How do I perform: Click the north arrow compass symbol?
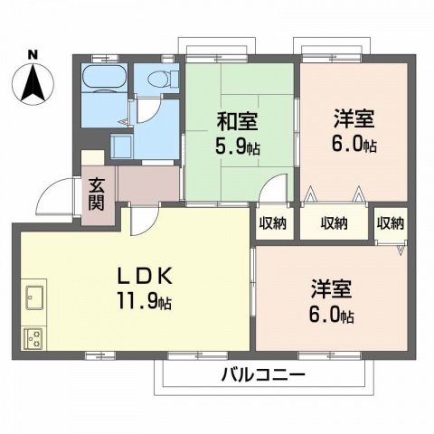[32, 83]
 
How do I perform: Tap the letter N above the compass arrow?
[32, 54]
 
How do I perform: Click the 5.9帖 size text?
[240, 146]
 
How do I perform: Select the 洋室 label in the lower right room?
[330, 293]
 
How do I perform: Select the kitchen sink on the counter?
[36, 296]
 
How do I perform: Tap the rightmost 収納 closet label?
[391, 223]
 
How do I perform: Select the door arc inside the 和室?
[270, 193]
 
